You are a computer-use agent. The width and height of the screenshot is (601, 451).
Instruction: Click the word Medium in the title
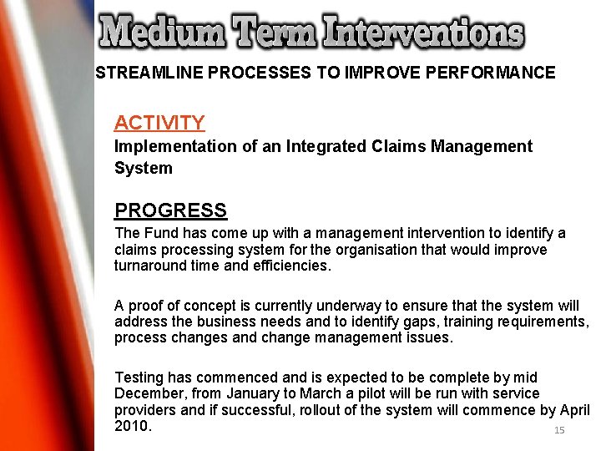click(162, 33)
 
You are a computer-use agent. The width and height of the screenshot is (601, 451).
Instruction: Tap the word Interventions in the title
click(425, 33)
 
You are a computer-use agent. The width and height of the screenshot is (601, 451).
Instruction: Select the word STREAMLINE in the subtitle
click(149, 73)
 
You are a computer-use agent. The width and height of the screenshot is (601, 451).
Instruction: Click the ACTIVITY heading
click(159, 123)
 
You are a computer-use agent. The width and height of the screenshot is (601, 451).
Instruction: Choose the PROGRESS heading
click(170, 210)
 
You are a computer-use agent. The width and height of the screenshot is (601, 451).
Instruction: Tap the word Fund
click(157, 233)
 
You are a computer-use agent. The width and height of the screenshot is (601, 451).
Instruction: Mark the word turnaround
click(152, 266)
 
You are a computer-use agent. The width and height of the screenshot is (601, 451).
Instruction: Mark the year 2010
click(132, 426)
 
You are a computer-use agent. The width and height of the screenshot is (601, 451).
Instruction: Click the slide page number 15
click(559, 430)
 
